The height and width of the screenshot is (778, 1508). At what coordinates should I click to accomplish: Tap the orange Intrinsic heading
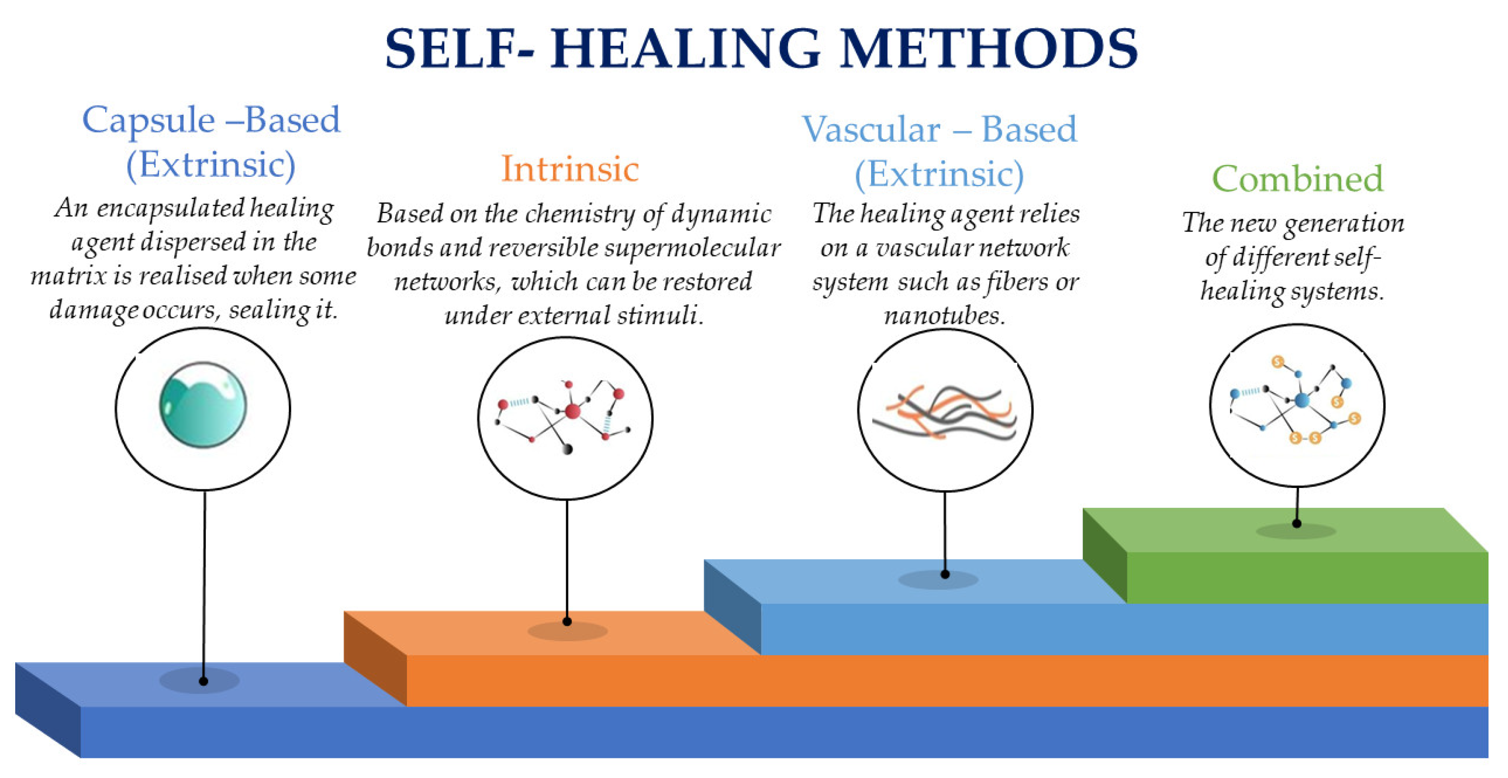point(570,169)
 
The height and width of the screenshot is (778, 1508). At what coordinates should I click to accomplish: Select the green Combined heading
point(1297,179)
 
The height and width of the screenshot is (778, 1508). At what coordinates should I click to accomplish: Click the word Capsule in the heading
point(149,120)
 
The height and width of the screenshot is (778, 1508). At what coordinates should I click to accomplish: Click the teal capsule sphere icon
point(203,405)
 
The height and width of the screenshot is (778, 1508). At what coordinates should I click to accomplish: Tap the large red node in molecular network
point(572,411)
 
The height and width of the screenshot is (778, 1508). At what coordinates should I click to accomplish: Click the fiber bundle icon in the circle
point(944,413)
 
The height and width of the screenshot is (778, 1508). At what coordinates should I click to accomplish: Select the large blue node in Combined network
point(1302,400)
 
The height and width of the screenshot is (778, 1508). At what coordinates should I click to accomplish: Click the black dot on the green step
point(1297,523)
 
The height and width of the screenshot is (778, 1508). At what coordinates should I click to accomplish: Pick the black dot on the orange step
point(567,622)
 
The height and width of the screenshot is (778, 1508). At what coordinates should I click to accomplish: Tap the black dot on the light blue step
point(945,574)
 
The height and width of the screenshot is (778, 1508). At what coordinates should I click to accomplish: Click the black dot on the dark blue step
point(203,681)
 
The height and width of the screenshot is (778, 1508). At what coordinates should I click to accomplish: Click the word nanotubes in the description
point(944,316)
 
